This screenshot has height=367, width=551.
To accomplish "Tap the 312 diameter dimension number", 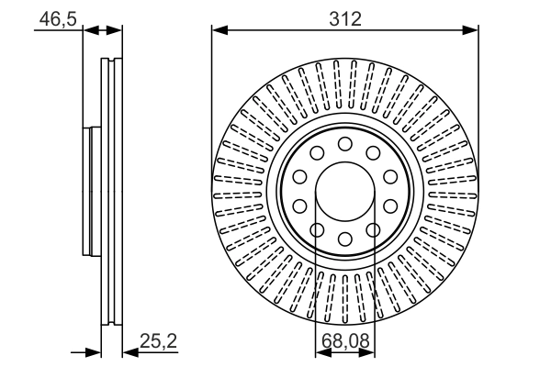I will click(345, 17).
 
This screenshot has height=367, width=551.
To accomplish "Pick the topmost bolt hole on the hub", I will click(345, 144).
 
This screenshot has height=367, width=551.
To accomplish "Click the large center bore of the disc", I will click(345, 193).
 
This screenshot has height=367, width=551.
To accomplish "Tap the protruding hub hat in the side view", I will click(88, 192).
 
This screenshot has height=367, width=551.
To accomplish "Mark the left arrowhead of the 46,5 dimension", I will click(89, 30).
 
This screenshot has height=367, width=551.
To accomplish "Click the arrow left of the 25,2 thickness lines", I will click(92, 350).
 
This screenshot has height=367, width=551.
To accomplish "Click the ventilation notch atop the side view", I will click(110, 62).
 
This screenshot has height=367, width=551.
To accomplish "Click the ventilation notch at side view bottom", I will click(110, 321).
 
